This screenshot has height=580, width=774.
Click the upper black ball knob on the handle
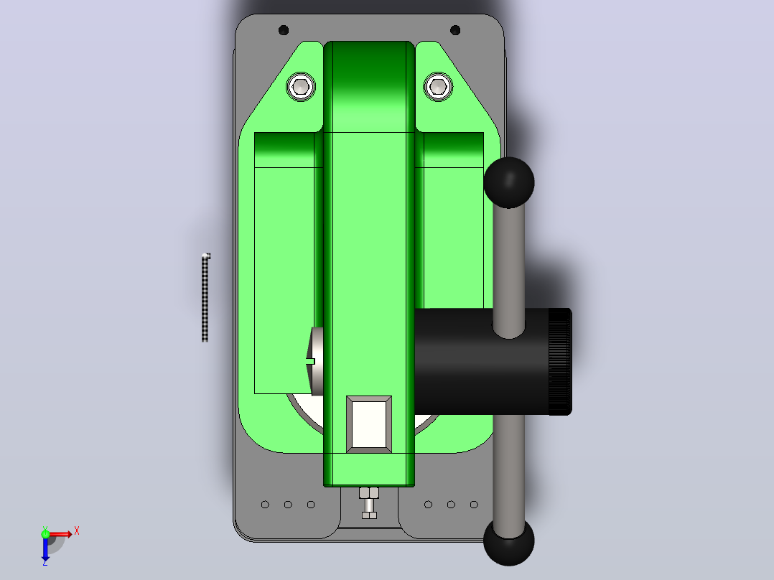[509, 182]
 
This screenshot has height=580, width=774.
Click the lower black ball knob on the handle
[509, 541]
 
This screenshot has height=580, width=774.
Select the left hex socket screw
[301, 87]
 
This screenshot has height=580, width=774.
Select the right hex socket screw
[438, 87]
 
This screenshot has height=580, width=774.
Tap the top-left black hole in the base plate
[284, 30]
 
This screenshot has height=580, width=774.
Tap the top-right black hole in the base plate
[455, 30]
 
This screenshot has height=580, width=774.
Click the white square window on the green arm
[369, 424]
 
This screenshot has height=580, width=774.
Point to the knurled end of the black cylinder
[560, 361]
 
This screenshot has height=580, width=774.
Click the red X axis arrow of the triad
[60, 534]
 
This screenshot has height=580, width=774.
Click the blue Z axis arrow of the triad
[45, 548]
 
